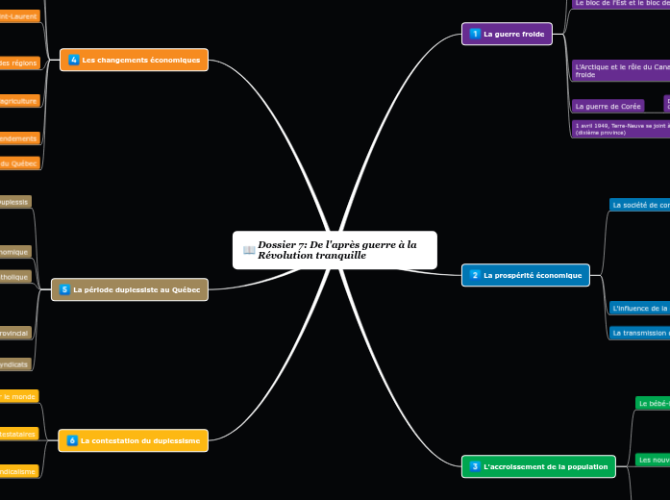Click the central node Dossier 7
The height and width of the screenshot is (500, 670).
pyautogui.click(x=335, y=250)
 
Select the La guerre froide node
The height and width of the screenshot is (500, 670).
pyautogui.click(x=507, y=34)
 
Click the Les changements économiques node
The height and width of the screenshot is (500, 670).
pyautogui.click(x=134, y=60)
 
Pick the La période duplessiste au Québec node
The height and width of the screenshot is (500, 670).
pyautogui.click(x=129, y=288)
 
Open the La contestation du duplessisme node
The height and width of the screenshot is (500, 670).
pyautogui.click(x=133, y=440)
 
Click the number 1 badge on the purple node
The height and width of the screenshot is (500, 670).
pyautogui.click(x=475, y=34)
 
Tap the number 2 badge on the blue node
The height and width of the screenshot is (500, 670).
pyautogui.click(x=475, y=275)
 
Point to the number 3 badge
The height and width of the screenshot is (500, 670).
pyautogui.click(x=475, y=466)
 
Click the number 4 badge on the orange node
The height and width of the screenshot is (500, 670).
pyautogui.click(x=73, y=60)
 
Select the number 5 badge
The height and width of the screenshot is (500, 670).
pyautogui.click(x=64, y=288)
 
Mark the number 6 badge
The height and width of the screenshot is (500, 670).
pyautogui.click(x=72, y=440)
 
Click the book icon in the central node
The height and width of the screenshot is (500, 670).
pyautogui.click(x=249, y=250)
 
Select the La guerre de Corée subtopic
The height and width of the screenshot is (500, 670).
pyautogui.click(x=608, y=106)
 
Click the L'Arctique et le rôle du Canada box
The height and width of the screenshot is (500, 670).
pyautogui.click(x=620, y=70)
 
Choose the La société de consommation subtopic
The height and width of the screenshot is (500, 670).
pyautogui.click(x=639, y=204)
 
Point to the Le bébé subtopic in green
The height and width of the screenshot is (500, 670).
pyautogui.click(x=653, y=403)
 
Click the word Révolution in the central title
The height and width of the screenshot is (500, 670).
pyautogui.click(x=285, y=256)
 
